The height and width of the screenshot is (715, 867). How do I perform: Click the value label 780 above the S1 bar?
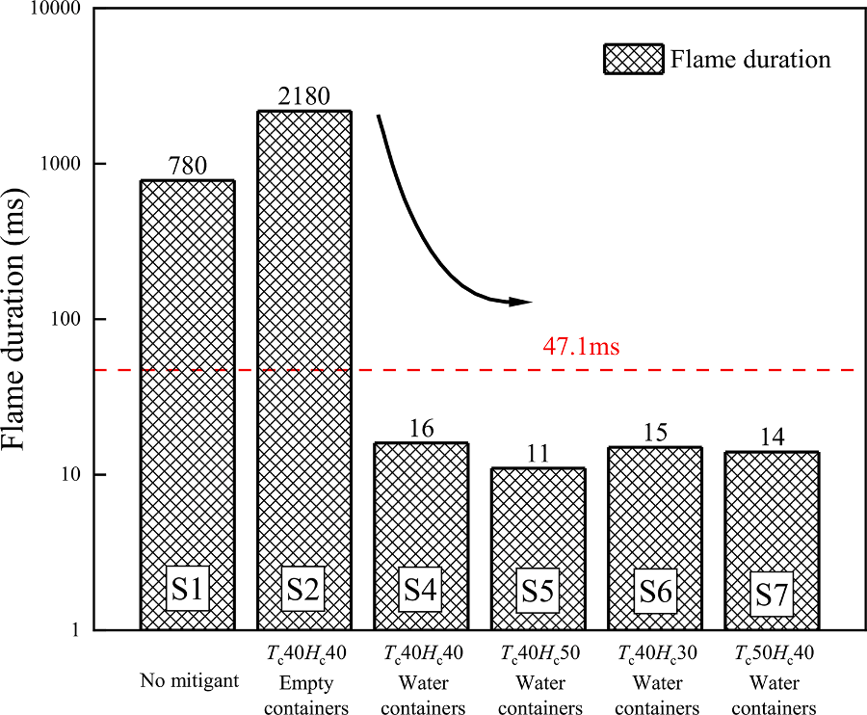coord(187,166)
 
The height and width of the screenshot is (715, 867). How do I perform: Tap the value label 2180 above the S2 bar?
coord(303,96)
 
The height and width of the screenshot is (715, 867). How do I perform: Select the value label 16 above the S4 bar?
coord(421,429)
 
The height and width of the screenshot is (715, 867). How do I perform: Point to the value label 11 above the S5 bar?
coord(538,454)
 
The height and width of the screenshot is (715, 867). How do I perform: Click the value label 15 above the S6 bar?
coord(655,433)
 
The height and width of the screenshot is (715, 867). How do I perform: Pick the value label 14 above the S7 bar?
coord(772,437)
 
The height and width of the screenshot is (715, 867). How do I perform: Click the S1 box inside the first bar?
coord(187,590)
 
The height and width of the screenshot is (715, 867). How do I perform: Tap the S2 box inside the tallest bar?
coord(303,590)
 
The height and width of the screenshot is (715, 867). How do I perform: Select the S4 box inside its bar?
coord(421,590)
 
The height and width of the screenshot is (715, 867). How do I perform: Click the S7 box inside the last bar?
coord(772,595)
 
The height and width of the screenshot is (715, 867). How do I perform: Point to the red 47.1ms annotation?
coord(582,347)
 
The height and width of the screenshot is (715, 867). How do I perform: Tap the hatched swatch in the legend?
coord(633,59)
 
